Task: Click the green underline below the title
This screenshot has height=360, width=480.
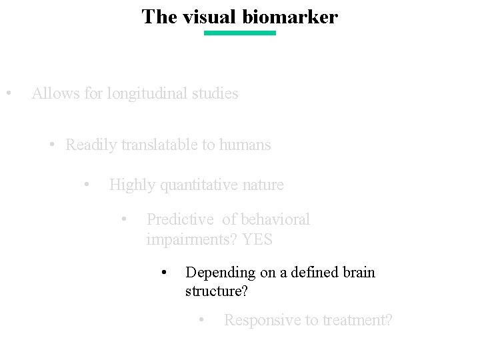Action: coord(239,33)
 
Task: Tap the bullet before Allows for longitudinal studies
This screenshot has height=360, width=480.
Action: coord(7,93)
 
